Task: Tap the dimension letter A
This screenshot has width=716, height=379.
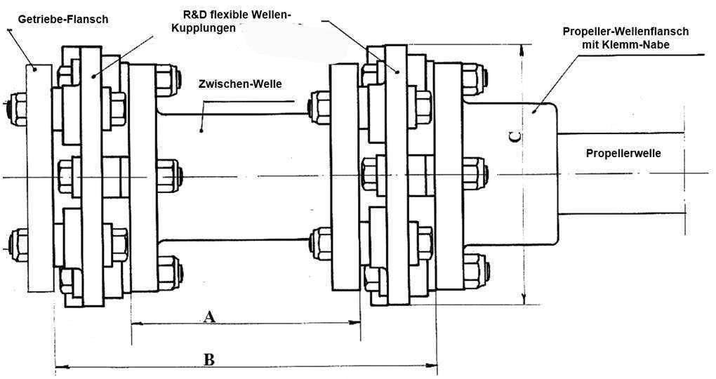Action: [x=208, y=316]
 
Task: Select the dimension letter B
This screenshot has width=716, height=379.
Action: [x=208, y=359]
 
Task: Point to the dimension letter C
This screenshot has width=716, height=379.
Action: [x=515, y=138]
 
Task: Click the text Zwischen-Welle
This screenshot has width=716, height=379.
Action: [x=240, y=84]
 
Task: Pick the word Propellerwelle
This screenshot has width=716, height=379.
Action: [x=623, y=152]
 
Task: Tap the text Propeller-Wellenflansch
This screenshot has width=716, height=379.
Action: [x=625, y=32]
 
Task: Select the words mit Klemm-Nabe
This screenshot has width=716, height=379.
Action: [x=625, y=44]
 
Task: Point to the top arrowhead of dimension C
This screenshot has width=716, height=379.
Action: [x=523, y=48]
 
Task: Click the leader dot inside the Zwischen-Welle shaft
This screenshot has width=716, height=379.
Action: [x=201, y=129]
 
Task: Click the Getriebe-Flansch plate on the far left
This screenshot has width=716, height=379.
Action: [x=40, y=175]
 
